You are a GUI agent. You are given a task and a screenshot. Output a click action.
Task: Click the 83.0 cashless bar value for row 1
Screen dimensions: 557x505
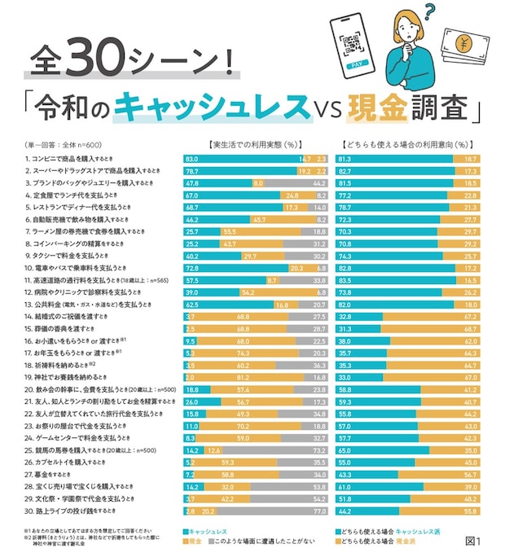click(x=192, y=158)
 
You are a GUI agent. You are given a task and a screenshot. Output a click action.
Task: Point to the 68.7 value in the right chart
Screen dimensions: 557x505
click(x=469, y=328)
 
